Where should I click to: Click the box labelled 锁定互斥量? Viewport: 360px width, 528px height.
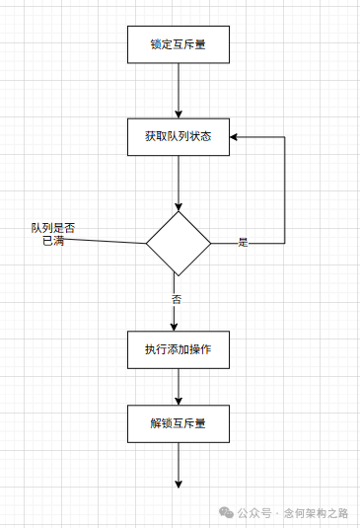pos(179,44)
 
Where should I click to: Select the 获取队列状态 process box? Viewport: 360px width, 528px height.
pos(179,136)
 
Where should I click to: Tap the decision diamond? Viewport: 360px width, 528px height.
pos(179,243)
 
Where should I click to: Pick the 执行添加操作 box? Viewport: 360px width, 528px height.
pos(179,349)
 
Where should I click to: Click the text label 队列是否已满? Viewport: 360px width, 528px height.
pos(52,234)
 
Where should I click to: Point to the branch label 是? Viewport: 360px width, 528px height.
pos(243,242)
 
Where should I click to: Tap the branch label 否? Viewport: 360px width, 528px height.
pos(177,298)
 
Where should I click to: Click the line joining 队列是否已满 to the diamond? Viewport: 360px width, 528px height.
pos(108,240)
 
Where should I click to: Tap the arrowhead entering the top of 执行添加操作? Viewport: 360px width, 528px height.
pos(174,326)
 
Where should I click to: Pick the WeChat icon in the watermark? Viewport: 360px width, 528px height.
pos(227,513)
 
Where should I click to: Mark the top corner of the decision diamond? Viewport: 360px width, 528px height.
pos(179,211)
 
